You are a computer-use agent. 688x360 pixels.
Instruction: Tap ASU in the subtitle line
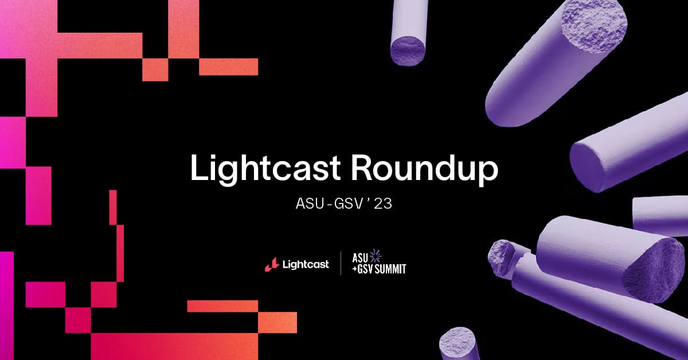point(308,205)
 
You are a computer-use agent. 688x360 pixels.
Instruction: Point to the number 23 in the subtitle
point(382,205)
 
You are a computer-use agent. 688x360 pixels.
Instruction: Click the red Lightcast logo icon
point(271,264)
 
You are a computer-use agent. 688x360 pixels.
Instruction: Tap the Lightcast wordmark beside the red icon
point(305,264)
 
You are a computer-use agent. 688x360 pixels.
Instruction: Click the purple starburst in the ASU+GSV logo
point(376,255)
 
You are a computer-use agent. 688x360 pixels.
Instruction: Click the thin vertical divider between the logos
point(341,263)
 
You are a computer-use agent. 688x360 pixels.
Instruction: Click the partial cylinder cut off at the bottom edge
point(459,343)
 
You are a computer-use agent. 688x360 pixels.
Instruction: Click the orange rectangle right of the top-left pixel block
point(228,66)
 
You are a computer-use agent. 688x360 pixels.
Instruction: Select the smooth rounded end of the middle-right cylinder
point(591,163)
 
